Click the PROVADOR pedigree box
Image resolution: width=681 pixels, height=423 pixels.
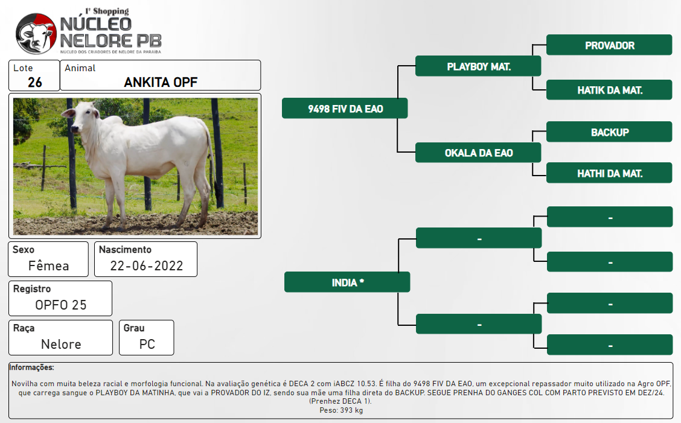(x=609, y=45)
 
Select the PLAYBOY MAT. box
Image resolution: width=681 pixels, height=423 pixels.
(x=478, y=66)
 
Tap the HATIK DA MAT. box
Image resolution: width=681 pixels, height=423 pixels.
(x=609, y=90)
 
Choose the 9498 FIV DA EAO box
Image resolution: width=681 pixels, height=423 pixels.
(x=345, y=108)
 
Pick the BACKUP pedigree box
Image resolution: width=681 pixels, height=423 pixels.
(x=609, y=132)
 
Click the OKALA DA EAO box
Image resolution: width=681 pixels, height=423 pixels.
(x=478, y=153)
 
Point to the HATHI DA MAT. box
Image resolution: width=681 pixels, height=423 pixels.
(x=609, y=173)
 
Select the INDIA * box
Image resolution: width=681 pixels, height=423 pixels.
(x=348, y=282)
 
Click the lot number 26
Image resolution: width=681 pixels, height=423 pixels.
(x=35, y=82)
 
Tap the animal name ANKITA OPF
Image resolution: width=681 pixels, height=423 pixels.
(x=161, y=82)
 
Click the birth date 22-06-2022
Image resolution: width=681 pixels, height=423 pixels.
(x=146, y=266)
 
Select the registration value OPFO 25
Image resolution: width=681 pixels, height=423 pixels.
(x=61, y=305)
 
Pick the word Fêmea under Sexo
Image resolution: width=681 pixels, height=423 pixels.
(x=49, y=266)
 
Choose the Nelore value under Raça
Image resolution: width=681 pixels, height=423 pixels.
(x=61, y=345)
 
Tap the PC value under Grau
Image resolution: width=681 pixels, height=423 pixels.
(x=147, y=345)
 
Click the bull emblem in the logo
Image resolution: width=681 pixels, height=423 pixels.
(x=36, y=33)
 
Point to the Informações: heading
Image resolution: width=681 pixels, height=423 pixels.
(x=32, y=367)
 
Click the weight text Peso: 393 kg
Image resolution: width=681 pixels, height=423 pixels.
(x=341, y=410)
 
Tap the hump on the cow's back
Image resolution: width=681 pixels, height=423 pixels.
(x=113, y=122)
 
